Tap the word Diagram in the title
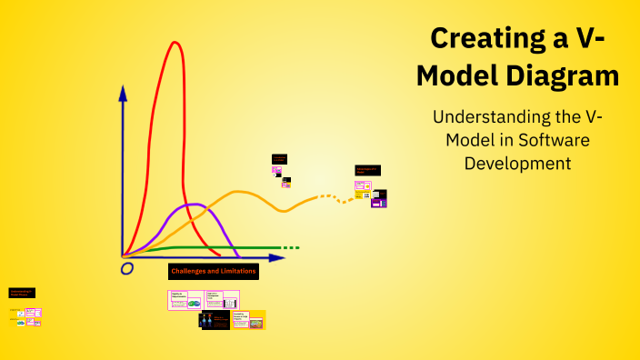[563, 76]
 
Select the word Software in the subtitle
[545, 141]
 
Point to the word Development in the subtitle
[517, 164]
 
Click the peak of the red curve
[173, 43]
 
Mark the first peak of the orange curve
[238, 192]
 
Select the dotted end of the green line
[290, 247]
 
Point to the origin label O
[127, 268]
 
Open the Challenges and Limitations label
[214, 271]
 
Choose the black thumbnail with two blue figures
[215, 319]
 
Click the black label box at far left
[22, 293]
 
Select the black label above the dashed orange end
[367, 170]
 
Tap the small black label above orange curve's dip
[279, 159]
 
